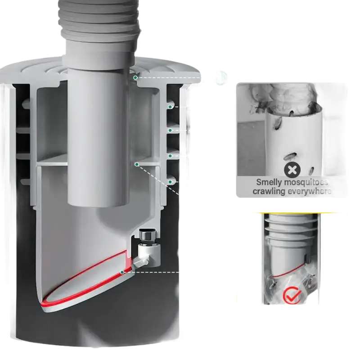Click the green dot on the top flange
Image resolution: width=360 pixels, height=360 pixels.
[x=135, y=77]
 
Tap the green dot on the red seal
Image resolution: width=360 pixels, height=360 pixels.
[x=122, y=272]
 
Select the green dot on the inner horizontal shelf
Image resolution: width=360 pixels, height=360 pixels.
[x=137, y=164]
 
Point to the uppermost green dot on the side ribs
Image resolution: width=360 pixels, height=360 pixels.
[x=170, y=107]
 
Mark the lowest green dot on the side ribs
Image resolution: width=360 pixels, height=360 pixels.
[x=170, y=182]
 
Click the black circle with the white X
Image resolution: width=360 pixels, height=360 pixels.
[x=292, y=170]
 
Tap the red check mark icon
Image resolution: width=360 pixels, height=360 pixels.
[x=292, y=295]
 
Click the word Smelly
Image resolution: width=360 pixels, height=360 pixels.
[x=269, y=182]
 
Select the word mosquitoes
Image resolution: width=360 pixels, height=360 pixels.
[x=306, y=182]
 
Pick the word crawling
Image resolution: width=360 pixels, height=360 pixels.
[x=268, y=191]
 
